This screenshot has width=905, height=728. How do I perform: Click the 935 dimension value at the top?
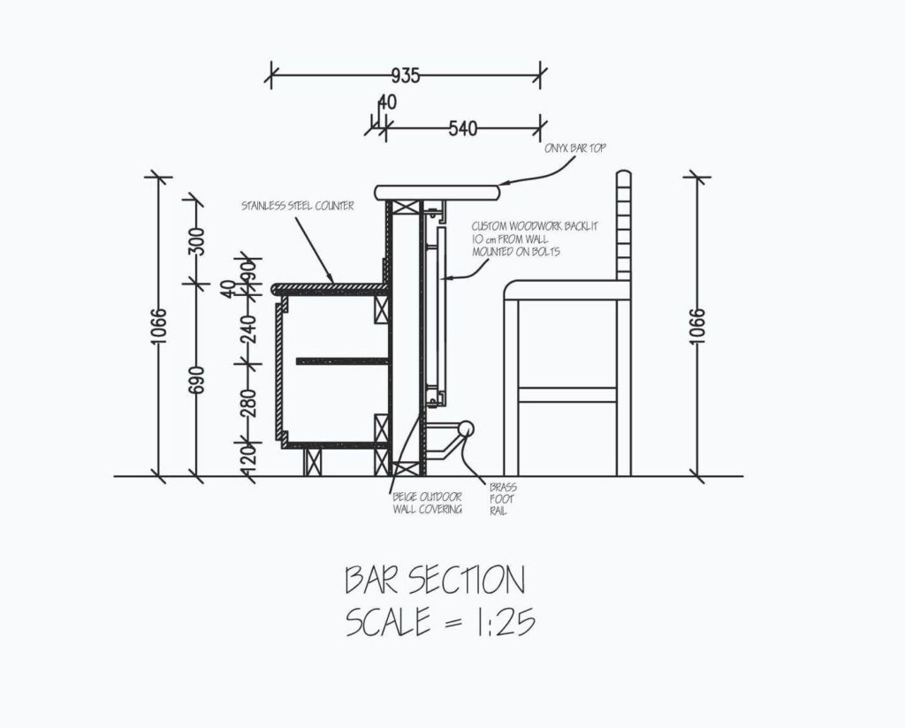[406, 76]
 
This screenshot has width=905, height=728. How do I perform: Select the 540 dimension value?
[463, 128]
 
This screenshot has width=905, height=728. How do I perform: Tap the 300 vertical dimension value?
[197, 241]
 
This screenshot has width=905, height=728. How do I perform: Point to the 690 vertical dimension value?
[197, 379]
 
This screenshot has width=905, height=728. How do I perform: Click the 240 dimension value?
[247, 329]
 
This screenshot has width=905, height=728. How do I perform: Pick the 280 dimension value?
[247, 403]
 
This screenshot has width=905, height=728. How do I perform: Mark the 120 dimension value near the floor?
[247, 457]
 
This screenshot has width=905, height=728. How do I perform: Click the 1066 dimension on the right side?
[697, 327]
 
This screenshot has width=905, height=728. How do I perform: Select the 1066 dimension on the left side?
[158, 327]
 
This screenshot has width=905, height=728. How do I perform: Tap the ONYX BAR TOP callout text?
[575, 148]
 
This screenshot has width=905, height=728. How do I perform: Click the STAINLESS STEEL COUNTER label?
[298, 205]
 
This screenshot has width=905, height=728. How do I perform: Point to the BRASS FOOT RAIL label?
[503, 499]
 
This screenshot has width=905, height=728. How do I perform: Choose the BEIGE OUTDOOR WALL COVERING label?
[428, 503]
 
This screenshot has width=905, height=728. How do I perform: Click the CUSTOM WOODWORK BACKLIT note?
[535, 239]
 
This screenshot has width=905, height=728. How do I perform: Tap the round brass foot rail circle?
[466, 428]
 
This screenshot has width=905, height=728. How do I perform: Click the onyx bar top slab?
[437, 193]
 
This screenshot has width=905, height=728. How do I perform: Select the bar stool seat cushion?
[567, 290]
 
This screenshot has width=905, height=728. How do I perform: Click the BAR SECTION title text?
[435, 580]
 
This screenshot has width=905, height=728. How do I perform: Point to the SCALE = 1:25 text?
[440, 621]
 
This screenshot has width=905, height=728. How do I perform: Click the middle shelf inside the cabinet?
[343, 361]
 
